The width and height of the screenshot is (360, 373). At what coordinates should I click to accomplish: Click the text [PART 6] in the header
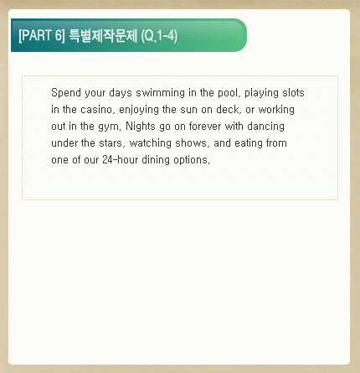point(42,35)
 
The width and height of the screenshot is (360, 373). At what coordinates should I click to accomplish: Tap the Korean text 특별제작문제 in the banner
point(103,35)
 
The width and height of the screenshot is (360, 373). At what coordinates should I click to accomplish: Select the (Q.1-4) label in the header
point(159,36)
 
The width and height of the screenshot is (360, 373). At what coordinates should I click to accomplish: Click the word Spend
point(66,93)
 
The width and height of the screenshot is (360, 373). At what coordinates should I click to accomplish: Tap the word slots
point(293,93)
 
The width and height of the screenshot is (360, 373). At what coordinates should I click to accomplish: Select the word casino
point(98,110)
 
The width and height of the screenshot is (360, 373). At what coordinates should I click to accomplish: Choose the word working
point(276,110)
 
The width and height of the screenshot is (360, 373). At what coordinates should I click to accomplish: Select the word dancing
point(266,127)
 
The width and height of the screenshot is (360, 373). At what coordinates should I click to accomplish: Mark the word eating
point(249,143)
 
